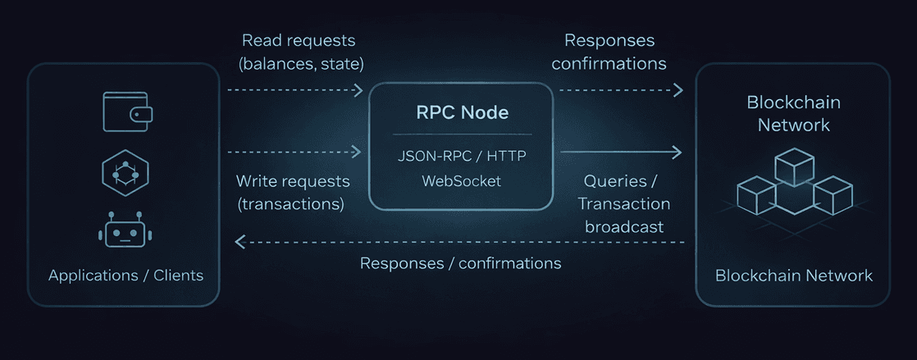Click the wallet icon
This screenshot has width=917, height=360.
click(126, 112)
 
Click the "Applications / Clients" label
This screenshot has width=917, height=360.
click(125, 276)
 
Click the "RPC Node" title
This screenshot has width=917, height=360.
click(461, 112)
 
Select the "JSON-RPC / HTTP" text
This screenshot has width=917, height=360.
click(462, 154)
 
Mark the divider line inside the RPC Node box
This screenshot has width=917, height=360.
click(461, 134)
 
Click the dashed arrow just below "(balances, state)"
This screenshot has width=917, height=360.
click(294, 89)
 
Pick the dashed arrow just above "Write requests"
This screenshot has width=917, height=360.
click(294, 152)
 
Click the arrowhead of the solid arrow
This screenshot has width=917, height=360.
click(677, 152)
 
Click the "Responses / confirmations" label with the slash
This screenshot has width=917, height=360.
click(460, 263)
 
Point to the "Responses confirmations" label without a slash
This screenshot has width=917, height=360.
click(609, 51)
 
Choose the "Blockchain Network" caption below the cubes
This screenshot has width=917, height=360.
click(793, 276)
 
